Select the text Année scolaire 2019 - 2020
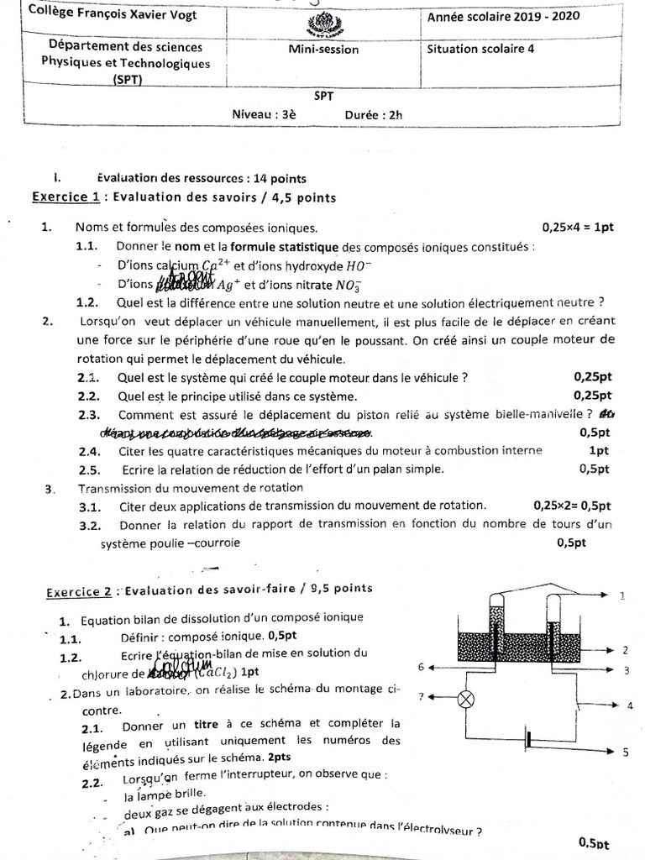coord(502,16)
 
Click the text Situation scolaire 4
coord(480,49)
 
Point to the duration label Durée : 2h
coord(374,116)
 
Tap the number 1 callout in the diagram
coord(622,595)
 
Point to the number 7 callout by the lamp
coord(422,696)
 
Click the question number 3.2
coord(90,526)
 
